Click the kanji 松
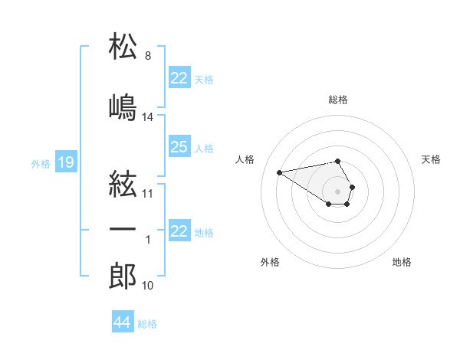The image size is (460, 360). pyautogui.click(x=123, y=45)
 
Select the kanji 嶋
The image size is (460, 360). pyautogui.click(x=123, y=107)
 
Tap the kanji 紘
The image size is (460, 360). pyautogui.click(x=123, y=184)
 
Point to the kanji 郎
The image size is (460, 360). pyautogui.click(x=123, y=276)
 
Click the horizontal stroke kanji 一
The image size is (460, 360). pyautogui.click(x=123, y=229)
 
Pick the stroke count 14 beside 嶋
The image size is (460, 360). pyautogui.click(x=147, y=117)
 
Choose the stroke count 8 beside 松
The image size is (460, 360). pyautogui.click(x=148, y=56)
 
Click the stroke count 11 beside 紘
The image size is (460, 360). pyautogui.click(x=147, y=194)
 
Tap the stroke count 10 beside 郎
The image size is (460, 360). pyautogui.click(x=147, y=286)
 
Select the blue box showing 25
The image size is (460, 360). pyautogui.click(x=179, y=146)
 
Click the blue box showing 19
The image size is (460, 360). pyautogui.click(x=66, y=162)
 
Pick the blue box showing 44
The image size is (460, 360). pyautogui.click(x=123, y=321)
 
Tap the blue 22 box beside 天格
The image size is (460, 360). pyautogui.click(x=179, y=77)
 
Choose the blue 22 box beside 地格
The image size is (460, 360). pyautogui.click(x=179, y=230)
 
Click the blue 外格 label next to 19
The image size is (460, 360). pyautogui.click(x=41, y=164)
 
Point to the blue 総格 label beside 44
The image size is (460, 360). pyautogui.click(x=147, y=324)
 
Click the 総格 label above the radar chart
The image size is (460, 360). pyautogui.click(x=338, y=100)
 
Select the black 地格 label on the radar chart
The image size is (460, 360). pyautogui.click(x=402, y=262)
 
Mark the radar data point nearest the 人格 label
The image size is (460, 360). pyautogui.click(x=279, y=172)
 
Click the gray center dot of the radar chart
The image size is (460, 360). pyautogui.click(x=337, y=191)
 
